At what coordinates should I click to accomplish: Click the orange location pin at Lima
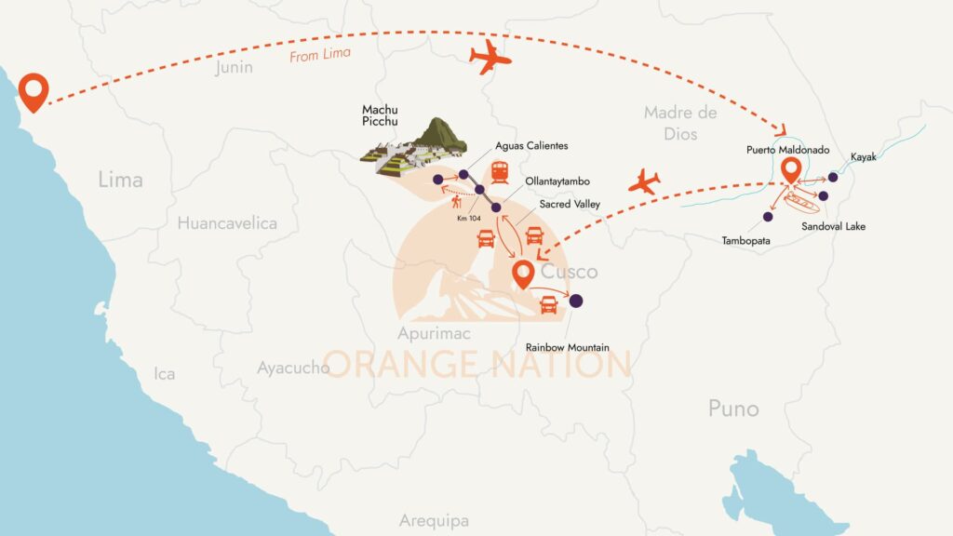[35, 89]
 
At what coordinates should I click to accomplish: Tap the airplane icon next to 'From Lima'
[490, 59]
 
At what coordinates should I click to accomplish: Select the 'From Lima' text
[320, 54]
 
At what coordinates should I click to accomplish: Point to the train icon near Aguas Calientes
[500, 172]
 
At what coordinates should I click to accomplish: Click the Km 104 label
[468, 217]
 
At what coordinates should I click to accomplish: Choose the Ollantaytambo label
[557, 181]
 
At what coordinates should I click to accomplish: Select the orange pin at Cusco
[523, 272]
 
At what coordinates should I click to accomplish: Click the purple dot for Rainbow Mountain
[576, 301]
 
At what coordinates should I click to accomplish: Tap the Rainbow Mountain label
[567, 347]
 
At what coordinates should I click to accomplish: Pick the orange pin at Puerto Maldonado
[791, 169]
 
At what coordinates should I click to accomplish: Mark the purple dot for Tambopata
[768, 217]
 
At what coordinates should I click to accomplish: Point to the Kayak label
[863, 158]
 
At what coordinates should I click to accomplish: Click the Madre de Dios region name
[680, 123]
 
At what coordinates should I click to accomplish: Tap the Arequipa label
[434, 521]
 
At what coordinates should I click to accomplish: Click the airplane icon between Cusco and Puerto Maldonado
[644, 182]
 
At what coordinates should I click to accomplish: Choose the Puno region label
[733, 408]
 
